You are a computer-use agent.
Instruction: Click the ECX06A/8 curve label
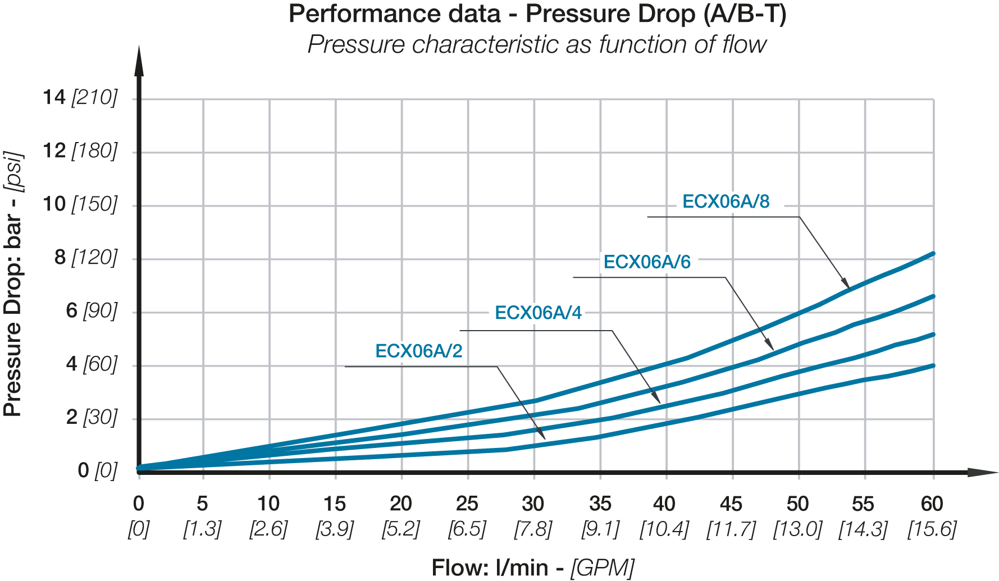coord(726,202)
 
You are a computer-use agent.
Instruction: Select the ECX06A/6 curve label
coord(647,262)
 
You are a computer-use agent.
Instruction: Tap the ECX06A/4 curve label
coord(538,313)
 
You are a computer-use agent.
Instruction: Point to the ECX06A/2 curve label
coord(419,351)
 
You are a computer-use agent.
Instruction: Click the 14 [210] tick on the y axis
coord(80,98)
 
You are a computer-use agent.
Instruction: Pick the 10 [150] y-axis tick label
coord(80,204)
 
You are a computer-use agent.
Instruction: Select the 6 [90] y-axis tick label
coord(92,310)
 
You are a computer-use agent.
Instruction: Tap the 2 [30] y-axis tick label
coord(92,417)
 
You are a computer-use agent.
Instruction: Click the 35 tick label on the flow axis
coord(600,504)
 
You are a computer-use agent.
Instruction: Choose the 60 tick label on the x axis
coord(932,504)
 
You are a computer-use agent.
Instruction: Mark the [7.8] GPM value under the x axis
coord(533,529)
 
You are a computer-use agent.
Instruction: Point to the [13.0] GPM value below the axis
coord(797,529)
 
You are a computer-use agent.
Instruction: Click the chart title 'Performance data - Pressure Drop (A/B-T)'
coord(537,14)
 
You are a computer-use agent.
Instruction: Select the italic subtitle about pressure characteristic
coord(537,44)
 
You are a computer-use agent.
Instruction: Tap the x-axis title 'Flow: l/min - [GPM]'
coord(533,568)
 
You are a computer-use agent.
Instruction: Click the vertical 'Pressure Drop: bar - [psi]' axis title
coord(13,283)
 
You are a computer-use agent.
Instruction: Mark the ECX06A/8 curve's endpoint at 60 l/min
coord(933,254)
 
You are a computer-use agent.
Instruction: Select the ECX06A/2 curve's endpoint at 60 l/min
coord(933,365)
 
